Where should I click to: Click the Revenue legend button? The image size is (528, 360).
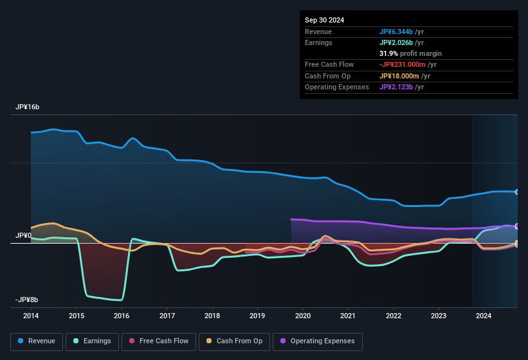[x=37, y=341]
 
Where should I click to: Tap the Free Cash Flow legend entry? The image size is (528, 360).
[x=158, y=341]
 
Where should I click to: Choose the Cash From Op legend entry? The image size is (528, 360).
[x=234, y=341]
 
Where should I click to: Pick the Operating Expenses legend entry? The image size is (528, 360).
[x=318, y=341]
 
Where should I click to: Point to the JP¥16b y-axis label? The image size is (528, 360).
[x=28, y=107]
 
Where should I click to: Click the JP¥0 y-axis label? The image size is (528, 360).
[x=24, y=236]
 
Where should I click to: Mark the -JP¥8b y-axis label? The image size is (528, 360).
[x=26, y=300]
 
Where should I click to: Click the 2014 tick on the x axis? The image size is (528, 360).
[x=31, y=316]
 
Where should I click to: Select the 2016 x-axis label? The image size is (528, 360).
[x=122, y=316]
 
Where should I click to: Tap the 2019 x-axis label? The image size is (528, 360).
[x=257, y=316]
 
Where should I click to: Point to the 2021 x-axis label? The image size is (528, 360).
[x=348, y=316]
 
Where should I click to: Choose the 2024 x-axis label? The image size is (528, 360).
[x=484, y=316]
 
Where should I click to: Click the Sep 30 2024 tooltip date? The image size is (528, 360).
[x=324, y=20]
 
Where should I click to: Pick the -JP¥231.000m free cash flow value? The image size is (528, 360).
[x=408, y=64]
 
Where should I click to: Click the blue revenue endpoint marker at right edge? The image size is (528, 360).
[x=517, y=192]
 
